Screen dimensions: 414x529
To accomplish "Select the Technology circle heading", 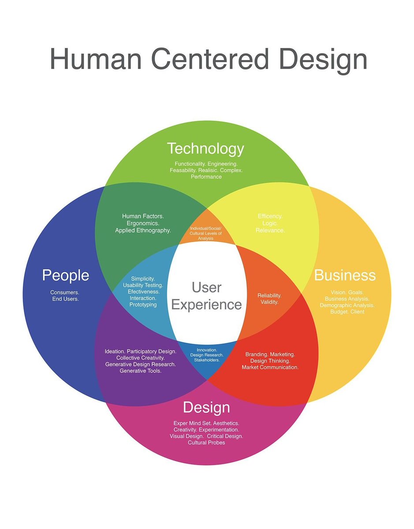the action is coord(205,149).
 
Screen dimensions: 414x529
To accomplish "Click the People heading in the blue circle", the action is coord(65,276).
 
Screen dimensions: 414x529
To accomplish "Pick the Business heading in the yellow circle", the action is coord(345,276).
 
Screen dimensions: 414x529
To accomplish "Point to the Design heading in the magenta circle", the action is coord(206,407).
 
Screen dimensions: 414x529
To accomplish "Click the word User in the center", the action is coord(206,287).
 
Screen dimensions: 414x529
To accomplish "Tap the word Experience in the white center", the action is coord(206,305).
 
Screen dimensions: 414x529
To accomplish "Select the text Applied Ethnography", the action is coord(143,230).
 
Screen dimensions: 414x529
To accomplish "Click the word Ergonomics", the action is coord(143,223).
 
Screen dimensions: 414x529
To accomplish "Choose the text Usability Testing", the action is coord(143,285).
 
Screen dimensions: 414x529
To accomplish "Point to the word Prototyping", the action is coord(143,305).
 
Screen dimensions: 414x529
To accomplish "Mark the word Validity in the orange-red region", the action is coord(269,302).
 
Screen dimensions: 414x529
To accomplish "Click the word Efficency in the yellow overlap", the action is coord(270,216).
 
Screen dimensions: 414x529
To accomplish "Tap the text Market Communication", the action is coord(270,367).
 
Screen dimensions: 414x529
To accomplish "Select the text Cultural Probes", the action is coord(206,442).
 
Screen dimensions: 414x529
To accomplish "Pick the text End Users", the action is coord(65,299).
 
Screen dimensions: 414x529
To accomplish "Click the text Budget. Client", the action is coord(347,312).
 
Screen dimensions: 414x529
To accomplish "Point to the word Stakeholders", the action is coord(207,360).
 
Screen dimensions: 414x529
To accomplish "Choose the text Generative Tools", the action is coord(140,371).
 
